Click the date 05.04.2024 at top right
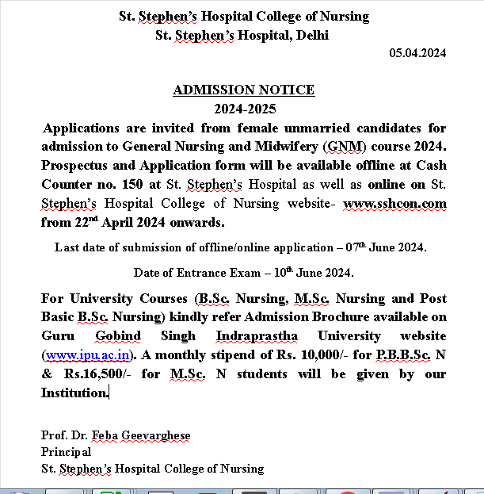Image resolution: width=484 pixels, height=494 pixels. tap(417, 53)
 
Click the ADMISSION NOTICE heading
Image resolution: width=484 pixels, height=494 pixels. tap(243, 90)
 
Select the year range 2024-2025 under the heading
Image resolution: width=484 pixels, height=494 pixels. tap(244, 109)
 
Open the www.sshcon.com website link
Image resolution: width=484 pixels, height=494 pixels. tap(394, 204)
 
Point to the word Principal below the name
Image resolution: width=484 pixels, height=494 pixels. tap(67, 452)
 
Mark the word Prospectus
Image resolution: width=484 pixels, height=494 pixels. tap(77, 166)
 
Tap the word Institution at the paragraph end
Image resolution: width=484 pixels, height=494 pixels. tap(74, 393)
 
